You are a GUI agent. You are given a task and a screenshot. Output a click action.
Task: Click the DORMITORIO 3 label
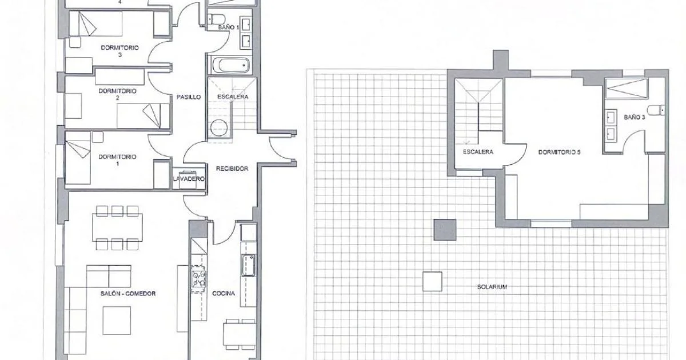click(x=119, y=51)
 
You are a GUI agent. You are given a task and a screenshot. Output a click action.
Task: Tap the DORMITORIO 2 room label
click(x=117, y=94)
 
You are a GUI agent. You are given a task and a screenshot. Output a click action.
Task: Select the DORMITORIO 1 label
click(x=117, y=160)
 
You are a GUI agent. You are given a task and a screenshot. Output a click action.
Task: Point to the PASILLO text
click(x=189, y=97)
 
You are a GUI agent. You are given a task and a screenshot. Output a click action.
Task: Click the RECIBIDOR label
click(x=232, y=169)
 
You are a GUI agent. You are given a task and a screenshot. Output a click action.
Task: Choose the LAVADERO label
click(x=189, y=179)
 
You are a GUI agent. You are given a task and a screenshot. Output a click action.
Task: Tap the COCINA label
click(x=224, y=293)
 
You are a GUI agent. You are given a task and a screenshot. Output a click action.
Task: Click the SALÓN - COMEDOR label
click(x=128, y=294)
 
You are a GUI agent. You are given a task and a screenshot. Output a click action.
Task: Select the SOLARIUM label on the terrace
click(x=492, y=287)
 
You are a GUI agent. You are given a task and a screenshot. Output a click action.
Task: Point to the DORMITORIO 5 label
click(x=559, y=152)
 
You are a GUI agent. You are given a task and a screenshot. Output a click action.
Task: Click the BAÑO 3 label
click(x=635, y=117)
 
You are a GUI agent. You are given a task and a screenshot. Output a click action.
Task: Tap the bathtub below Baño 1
click(x=231, y=65)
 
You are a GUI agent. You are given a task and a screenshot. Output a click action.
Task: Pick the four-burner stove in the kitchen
click(x=198, y=279)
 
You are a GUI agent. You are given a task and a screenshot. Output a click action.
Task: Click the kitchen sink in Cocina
click(x=248, y=265)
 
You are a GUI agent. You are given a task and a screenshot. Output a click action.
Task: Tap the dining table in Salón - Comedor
click(x=117, y=227)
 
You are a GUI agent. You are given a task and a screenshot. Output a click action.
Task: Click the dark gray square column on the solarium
click(x=445, y=230)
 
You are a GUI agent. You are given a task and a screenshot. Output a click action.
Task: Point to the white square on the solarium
click(x=432, y=282)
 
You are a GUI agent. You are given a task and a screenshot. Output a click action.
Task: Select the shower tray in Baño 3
click(x=627, y=89)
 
